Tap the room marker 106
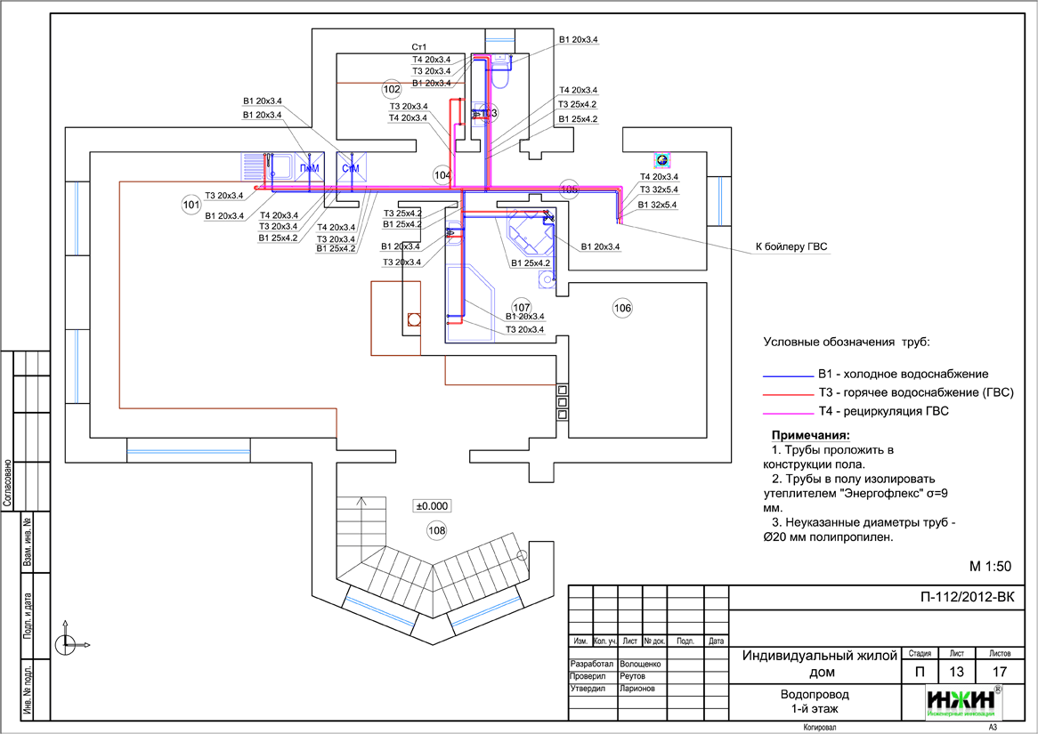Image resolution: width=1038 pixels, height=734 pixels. (x=622, y=308)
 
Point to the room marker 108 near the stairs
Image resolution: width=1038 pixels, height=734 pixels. (x=437, y=531)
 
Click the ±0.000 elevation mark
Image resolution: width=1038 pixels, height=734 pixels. (x=432, y=505)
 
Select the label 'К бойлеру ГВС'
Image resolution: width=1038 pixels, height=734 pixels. (x=791, y=247)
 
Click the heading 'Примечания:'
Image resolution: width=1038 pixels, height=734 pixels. (x=810, y=435)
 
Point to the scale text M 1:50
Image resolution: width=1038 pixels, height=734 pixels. (x=989, y=566)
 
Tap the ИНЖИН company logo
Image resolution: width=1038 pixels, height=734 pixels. (x=964, y=701)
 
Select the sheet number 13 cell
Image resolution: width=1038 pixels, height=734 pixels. (x=957, y=672)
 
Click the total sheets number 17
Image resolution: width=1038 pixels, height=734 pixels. (x=1000, y=672)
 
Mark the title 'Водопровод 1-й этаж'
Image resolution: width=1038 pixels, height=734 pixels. (x=815, y=701)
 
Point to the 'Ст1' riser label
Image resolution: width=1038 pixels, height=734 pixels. (x=418, y=47)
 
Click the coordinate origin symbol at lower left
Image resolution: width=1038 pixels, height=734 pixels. (x=66, y=644)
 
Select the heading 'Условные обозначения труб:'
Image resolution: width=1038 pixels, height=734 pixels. (x=846, y=342)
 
